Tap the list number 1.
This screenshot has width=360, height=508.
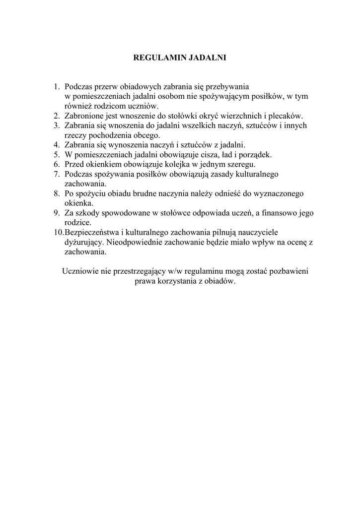tap(57, 86)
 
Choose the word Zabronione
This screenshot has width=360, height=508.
tap(84, 116)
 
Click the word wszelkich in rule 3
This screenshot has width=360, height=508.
tap(189, 126)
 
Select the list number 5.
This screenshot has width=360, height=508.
tap(57, 154)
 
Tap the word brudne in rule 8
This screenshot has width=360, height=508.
tap(142, 193)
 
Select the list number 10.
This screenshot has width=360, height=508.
tap(59, 232)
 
